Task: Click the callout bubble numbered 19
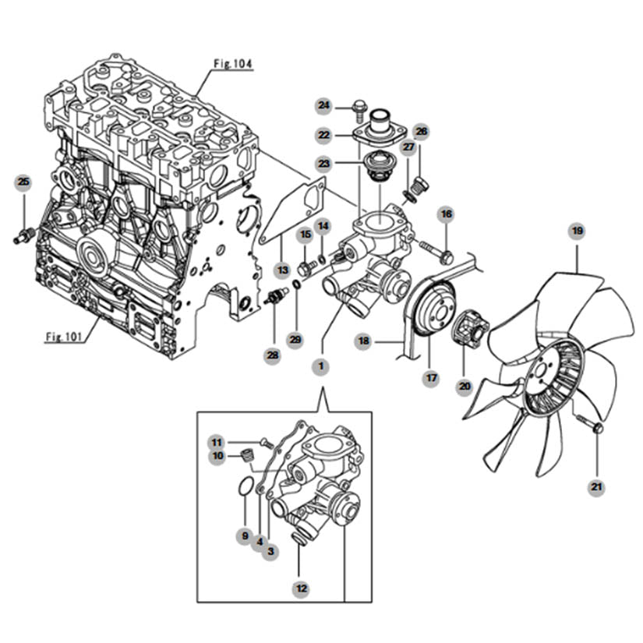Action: (x=578, y=231)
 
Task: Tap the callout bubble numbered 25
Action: (x=24, y=182)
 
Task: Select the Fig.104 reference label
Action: (x=233, y=64)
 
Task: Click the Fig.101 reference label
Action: (x=64, y=337)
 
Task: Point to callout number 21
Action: (x=596, y=487)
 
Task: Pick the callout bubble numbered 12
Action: (x=302, y=588)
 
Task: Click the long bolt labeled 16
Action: (x=436, y=252)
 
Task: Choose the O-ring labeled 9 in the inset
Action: (x=245, y=486)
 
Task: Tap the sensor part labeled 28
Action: (x=277, y=296)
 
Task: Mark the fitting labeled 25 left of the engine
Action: (x=25, y=237)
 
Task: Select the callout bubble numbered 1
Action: (x=320, y=366)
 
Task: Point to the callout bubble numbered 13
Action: (x=283, y=270)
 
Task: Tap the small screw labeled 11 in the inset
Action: (x=266, y=443)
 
